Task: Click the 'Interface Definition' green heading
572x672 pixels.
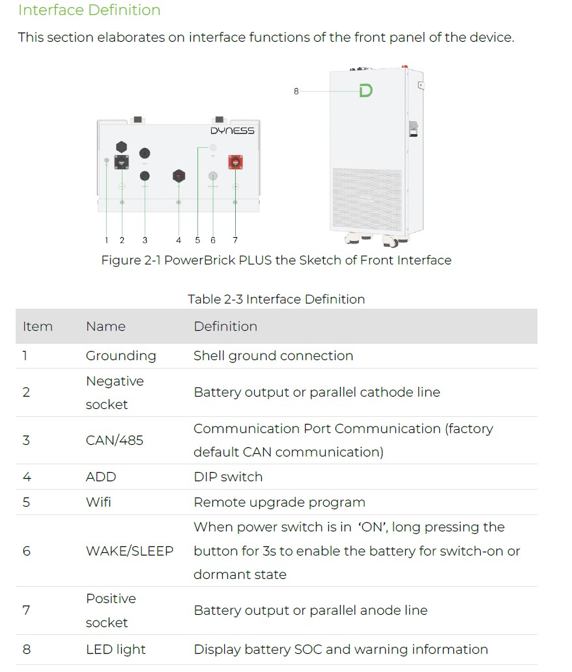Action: click(x=89, y=10)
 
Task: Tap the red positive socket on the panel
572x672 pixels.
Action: click(x=235, y=161)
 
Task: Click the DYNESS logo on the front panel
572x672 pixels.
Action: click(x=232, y=130)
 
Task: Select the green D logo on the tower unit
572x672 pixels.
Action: click(x=366, y=91)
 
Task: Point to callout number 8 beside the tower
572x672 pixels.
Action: click(x=296, y=92)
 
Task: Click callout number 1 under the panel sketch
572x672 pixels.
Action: click(x=106, y=240)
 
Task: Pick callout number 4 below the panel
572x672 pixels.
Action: click(x=179, y=240)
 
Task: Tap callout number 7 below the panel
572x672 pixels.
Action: click(x=235, y=240)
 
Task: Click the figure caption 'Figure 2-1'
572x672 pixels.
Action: click(x=276, y=260)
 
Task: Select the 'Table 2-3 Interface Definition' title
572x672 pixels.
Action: click(x=276, y=300)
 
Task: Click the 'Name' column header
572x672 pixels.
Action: click(x=106, y=327)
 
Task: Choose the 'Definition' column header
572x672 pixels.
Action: click(x=225, y=327)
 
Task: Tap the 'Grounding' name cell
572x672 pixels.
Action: click(x=121, y=356)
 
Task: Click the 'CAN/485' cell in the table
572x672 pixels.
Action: click(x=115, y=440)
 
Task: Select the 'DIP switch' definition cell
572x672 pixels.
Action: click(x=228, y=477)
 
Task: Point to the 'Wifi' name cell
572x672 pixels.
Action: click(x=99, y=502)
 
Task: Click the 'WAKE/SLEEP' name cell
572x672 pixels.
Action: click(x=130, y=551)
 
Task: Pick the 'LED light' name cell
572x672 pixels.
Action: click(x=116, y=649)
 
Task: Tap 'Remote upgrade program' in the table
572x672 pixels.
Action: click(x=279, y=502)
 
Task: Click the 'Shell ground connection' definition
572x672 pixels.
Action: click(x=274, y=356)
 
